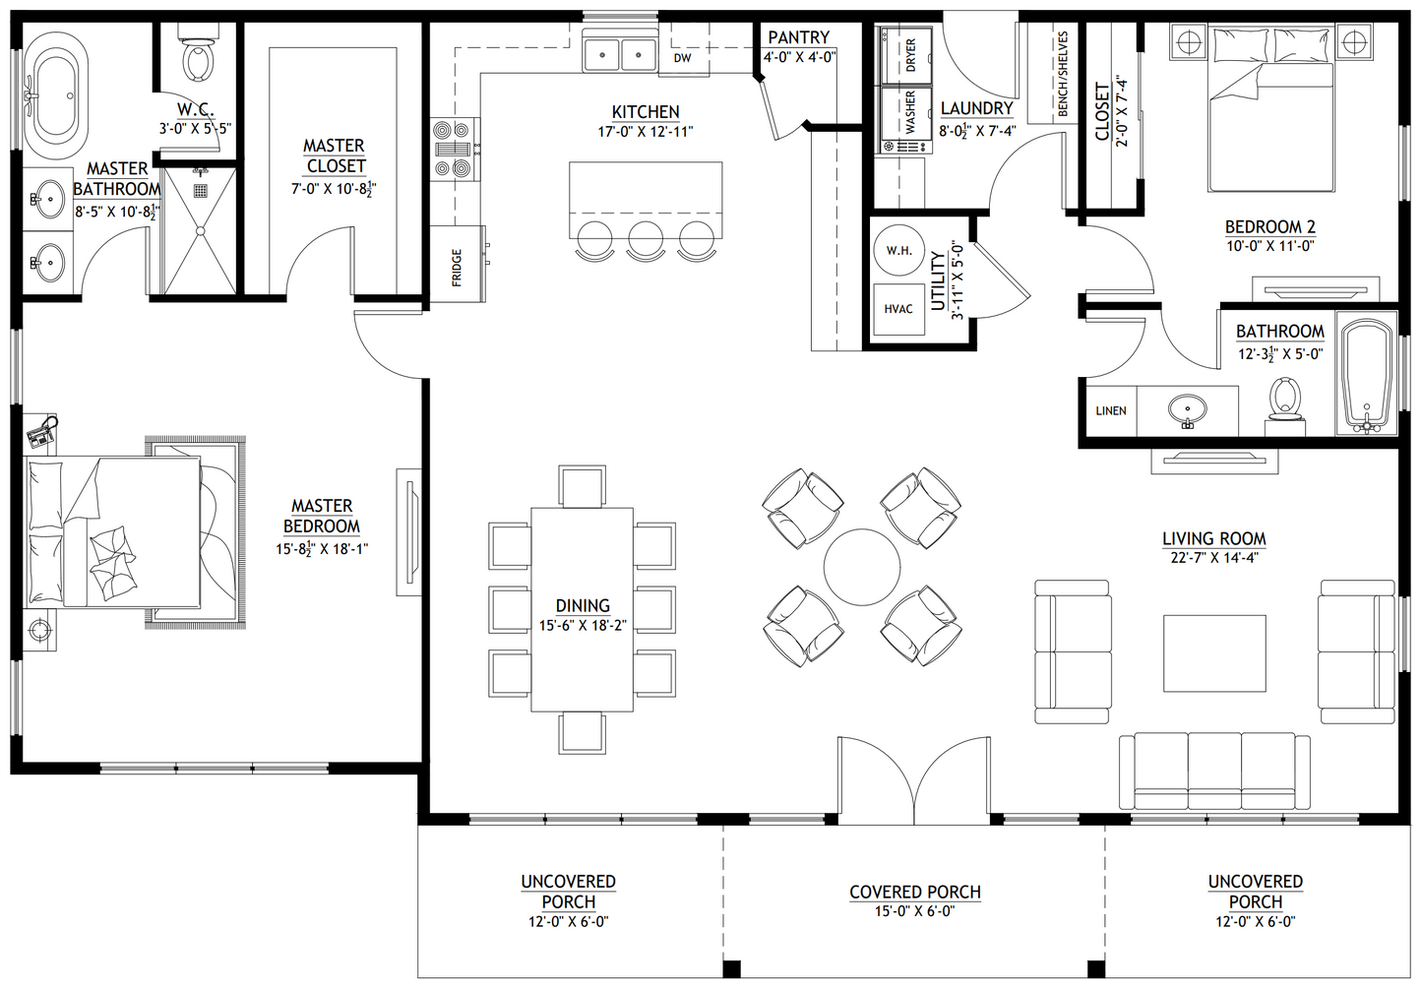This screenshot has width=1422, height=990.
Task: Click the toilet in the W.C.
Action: (198, 54)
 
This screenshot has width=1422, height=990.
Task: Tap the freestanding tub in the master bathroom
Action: (56, 95)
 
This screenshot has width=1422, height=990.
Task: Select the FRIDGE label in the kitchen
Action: (457, 268)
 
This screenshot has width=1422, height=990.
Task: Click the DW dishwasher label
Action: (682, 58)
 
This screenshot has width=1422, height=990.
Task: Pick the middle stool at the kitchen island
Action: (646, 240)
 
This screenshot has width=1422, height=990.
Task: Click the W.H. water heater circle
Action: (898, 250)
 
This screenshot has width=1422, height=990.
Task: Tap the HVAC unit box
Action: (898, 309)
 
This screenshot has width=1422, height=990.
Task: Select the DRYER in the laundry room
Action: (906, 55)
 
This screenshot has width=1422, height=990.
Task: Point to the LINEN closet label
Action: (1111, 410)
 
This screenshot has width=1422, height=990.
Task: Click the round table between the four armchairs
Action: (861, 567)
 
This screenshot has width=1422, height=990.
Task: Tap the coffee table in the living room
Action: (1214, 652)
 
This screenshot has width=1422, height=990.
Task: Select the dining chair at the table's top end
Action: (583, 486)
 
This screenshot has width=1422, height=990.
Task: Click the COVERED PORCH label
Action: (915, 893)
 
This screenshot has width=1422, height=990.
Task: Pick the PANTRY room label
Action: (799, 37)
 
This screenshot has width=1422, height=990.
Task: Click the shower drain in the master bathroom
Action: (201, 190)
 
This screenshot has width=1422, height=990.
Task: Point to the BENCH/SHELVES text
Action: (1064, 74)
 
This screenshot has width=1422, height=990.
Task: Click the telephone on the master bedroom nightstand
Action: (42, 433)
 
